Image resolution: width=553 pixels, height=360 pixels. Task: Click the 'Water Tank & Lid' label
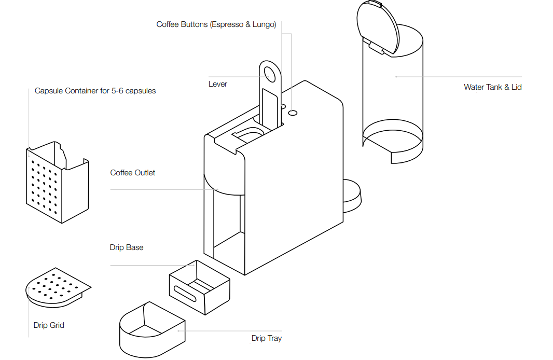click(492, 87)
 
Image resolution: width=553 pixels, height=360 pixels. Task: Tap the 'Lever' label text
click(217, 84)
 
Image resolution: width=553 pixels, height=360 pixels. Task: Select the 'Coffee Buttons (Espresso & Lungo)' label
click(216, 24)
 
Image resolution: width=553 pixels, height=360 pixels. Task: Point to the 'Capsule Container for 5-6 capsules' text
click(95, 91)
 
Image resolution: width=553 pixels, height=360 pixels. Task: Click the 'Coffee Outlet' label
click(132, 173)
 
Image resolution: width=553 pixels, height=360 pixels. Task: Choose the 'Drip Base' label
click(126, 247)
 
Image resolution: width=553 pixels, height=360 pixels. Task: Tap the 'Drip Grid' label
click(49, 325)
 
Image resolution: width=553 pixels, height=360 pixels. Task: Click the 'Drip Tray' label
click(266, 338)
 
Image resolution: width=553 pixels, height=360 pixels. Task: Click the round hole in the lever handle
click(270, 73)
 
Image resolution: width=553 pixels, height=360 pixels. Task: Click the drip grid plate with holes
click(57, 287)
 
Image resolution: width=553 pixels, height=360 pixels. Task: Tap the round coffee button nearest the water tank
click(293, 112)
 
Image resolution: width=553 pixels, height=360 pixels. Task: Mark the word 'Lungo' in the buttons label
click(263, 24)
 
